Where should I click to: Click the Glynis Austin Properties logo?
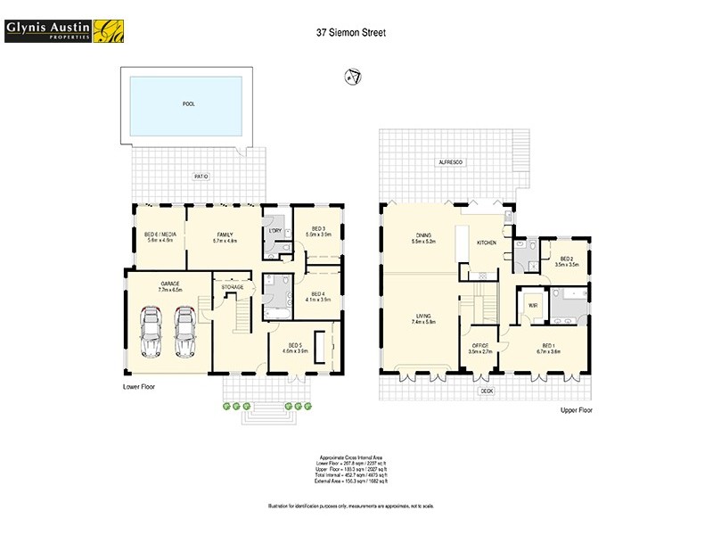63,30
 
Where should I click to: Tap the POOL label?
188,104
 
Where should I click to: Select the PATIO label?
201,177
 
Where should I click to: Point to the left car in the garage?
151,331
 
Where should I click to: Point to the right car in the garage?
185,331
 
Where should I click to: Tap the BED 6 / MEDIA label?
161,235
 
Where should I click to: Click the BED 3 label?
318,230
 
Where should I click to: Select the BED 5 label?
295,347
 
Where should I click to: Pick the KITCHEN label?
486,243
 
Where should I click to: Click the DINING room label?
422,236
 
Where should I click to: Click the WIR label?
533,305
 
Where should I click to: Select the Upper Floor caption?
576,410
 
